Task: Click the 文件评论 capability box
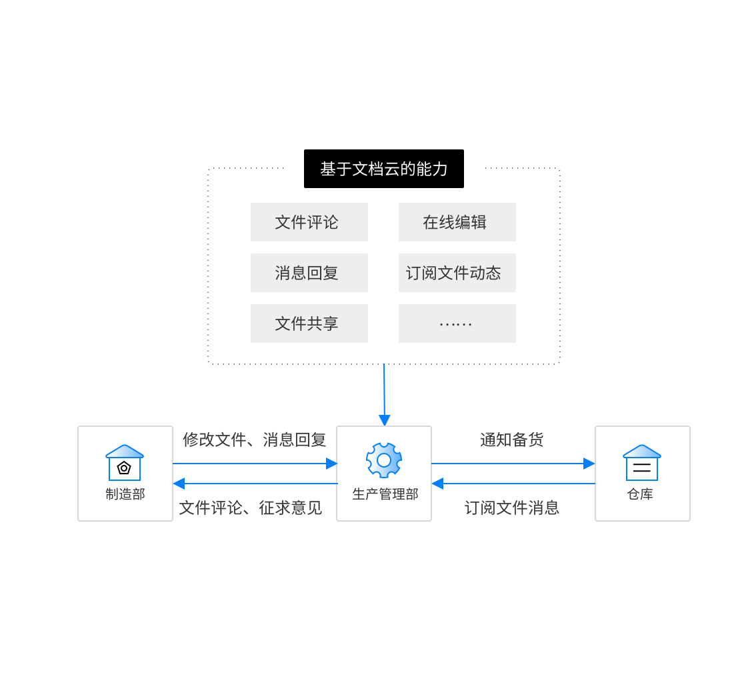(309, 222)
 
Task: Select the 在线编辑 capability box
(457, 222)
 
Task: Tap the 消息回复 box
(309, 273)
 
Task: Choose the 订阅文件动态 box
(457, 273)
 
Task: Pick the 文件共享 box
(309, 323)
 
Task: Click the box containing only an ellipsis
(457, 323)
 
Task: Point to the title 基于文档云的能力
(384, 169)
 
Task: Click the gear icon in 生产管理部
(384, 460)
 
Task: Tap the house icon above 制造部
(125, 462)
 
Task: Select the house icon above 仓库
(642, 462)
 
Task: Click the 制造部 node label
(125, 494)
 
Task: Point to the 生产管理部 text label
(385, 494)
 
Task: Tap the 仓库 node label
(640, 494)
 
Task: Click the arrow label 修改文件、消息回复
(254, 440)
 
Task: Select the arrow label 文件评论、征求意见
(251, 508)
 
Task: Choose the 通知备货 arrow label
(512, 440)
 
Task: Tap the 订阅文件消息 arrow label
(512, 508)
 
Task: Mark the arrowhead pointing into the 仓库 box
(589, 464)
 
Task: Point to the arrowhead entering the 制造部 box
(179, 484)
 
